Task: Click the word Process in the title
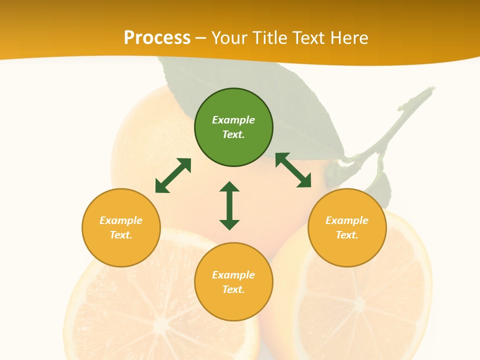(157, 38)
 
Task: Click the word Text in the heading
(307, 38)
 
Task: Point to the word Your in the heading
(229, 38)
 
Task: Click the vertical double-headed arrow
(229, 205)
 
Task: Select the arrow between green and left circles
(173, 175)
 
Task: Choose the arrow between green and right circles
(293, 170)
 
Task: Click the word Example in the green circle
(233, 120)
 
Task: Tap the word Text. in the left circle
(121, 235)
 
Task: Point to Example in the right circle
(347, 220)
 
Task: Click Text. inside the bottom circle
(233, 289)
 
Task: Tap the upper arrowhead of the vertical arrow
(229, 186)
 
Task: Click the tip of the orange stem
(431, 90)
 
